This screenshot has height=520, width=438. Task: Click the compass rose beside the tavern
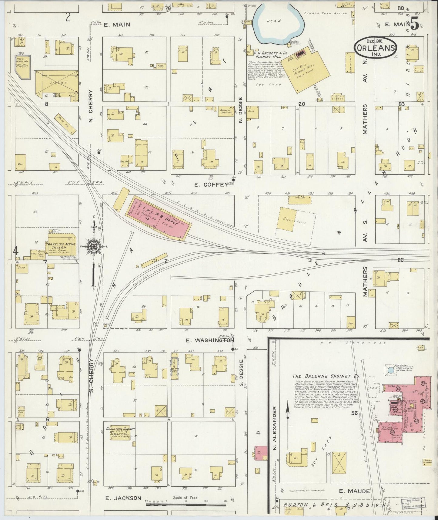click(x=95, y=245)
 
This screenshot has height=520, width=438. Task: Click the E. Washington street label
click(x=210, y=340)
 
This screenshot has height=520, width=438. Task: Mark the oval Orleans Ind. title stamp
click(x=376, y=48)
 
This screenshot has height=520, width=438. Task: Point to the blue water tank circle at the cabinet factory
click(x=391, y=370)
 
